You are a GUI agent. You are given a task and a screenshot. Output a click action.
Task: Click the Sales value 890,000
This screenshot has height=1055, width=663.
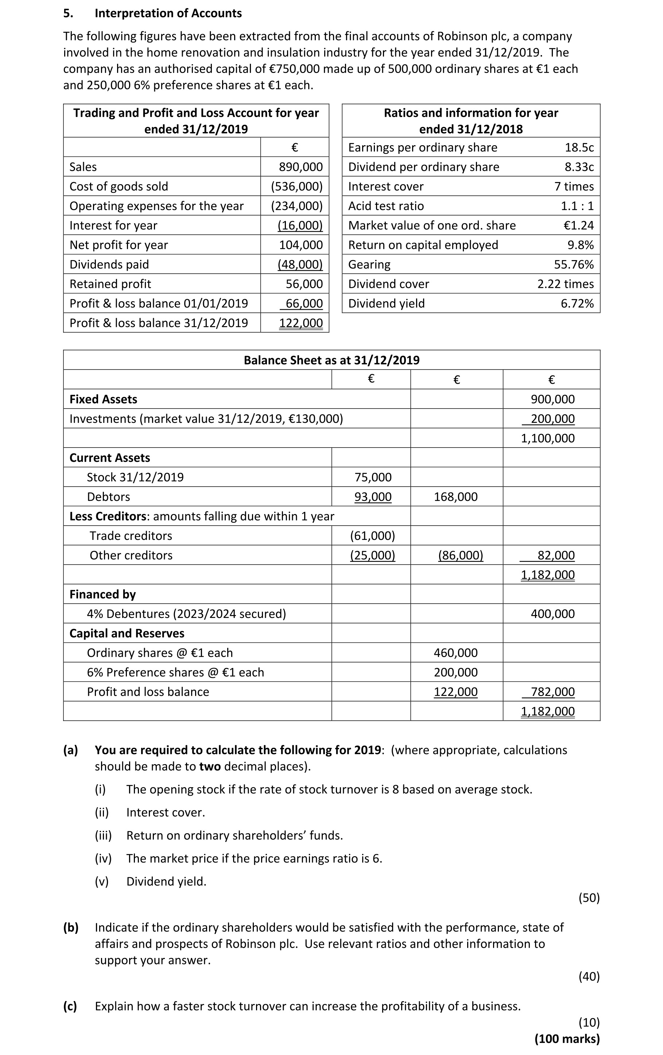click(301, 167)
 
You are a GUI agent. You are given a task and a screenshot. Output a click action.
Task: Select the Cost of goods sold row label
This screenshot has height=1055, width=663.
click(119, 187)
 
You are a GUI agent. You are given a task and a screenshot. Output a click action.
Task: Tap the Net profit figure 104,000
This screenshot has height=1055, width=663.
click(301, 245)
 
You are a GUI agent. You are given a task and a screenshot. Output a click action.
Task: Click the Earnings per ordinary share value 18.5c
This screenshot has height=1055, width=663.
click(579, 148)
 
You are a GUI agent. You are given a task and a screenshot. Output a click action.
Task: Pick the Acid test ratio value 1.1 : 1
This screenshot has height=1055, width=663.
click(577, 206)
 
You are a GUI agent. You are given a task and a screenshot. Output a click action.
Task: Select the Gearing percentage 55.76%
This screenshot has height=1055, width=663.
click(574, 264)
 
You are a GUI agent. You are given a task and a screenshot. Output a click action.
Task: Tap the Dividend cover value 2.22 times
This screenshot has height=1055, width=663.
click(565, 284)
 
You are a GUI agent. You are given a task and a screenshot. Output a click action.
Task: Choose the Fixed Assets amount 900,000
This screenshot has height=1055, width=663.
click(552, 399)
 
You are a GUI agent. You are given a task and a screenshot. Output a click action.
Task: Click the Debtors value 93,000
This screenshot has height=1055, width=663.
click(373, 497)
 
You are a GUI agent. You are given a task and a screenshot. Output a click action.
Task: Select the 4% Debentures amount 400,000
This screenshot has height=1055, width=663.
click(552, 614)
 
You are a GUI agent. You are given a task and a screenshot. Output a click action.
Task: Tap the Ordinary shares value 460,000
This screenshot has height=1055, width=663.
click(455, 653)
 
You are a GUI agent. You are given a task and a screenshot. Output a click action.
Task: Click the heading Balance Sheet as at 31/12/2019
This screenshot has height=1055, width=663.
click(331, 360)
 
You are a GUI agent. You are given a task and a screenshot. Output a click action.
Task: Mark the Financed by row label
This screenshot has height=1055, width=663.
click(102, 595)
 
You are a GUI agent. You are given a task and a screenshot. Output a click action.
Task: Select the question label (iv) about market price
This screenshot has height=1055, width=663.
click(103, 859)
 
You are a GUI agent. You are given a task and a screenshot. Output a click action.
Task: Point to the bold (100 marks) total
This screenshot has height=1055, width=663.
click(567, 1039)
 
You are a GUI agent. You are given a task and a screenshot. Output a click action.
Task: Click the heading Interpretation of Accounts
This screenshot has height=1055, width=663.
click(168, 13)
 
